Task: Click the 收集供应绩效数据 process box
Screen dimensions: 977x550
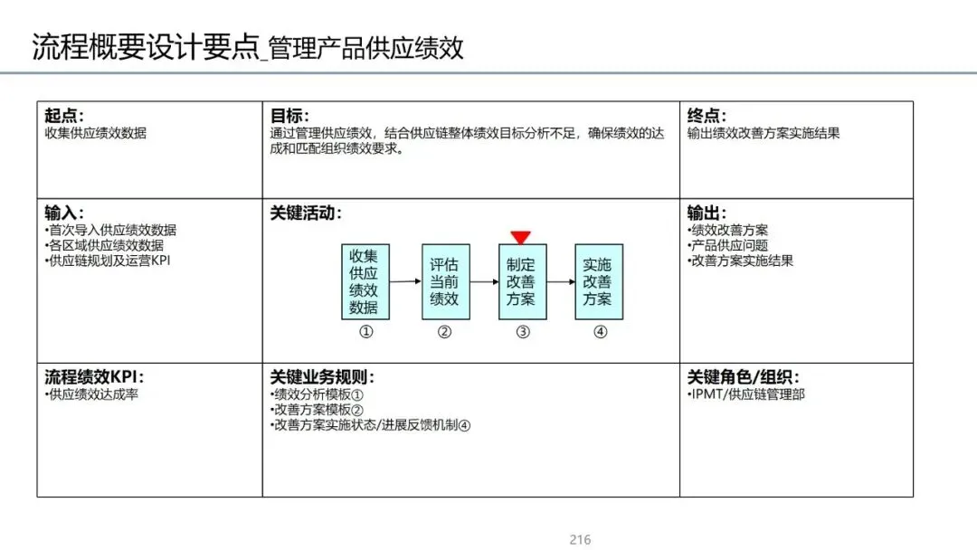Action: click(x=365, y=281)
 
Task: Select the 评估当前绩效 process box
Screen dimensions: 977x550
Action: click(x=444, y=281)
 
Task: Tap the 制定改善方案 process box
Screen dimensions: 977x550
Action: click(x=522, y=281)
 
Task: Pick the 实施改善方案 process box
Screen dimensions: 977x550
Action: click(x=598, y=281)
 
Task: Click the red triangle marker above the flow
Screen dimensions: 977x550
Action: click(x=520, y=238)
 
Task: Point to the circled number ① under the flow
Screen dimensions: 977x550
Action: click(x=366, y=332)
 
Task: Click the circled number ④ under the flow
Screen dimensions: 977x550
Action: click(x=600, y=332)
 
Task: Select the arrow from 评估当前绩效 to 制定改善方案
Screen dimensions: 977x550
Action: click(x=484, y=281)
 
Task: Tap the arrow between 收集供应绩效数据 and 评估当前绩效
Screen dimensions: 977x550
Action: click(x=404, y=281)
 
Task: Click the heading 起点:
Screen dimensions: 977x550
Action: click(x=64, y=116)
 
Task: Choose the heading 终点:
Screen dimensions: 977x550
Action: click(x=707, y=116)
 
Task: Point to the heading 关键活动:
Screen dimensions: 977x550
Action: click(x=306, y=213)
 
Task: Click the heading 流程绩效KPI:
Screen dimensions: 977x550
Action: click(x=94, y=377)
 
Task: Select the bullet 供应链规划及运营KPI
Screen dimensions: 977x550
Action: click(x=108, y=261)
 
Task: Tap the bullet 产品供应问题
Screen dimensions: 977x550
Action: click(x=728, y=246)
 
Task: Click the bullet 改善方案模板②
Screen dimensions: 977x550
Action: click(x=318, y=410)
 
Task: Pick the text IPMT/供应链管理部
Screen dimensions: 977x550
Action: click(x=746, y=394)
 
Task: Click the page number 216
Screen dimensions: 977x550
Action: click(x=580, y=540)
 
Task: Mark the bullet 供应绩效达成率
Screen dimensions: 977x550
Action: click(x=92, y=394)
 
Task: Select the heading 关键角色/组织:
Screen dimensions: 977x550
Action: click(x=743, y=377)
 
